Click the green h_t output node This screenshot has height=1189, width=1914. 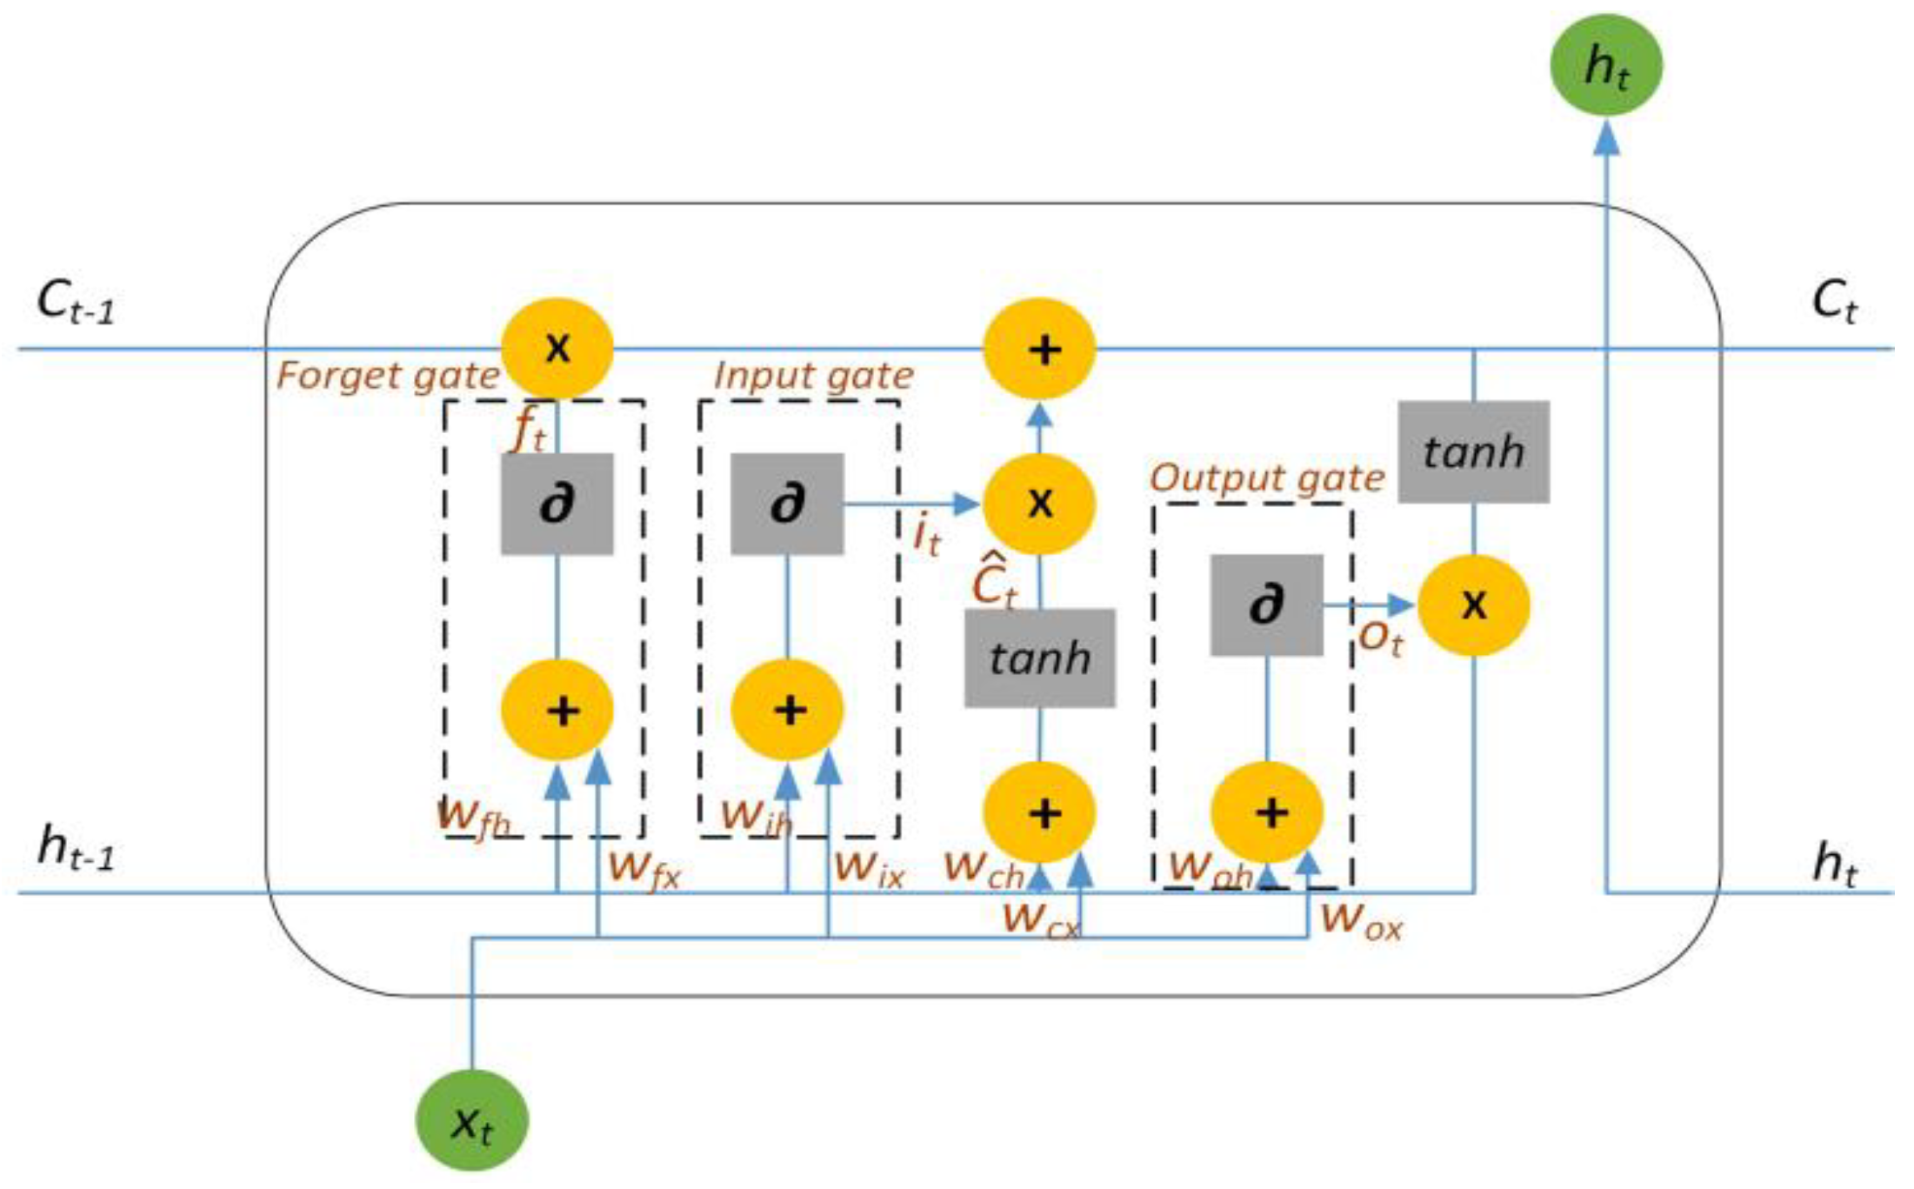tap(1605, 65)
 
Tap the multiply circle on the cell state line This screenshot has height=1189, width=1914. tap(557, 349)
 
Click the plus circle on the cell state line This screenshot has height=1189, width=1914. tap(1039, 349)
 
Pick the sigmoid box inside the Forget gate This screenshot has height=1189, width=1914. tap(557, 504)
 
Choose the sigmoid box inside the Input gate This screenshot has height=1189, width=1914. tap(786, 504)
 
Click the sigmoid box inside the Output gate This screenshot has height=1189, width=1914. tap(1266, 605)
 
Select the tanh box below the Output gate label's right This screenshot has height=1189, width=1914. tap(1473, 451)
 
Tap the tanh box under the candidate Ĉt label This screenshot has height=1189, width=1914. tap(1039, 658)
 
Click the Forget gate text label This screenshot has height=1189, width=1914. tap(388, 377)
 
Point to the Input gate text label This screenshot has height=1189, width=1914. tap(813, 377)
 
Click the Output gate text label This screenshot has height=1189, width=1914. tap(1266, 478)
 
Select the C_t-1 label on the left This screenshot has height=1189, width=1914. tap(76, 302)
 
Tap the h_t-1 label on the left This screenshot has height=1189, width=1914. tap(76, 847)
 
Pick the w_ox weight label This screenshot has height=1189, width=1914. tap(1361, 920)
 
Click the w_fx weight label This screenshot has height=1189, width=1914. tap(644, 869)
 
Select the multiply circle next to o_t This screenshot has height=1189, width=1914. tap(1473, 605)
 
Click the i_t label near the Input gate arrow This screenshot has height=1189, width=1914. tap(926, 535)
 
